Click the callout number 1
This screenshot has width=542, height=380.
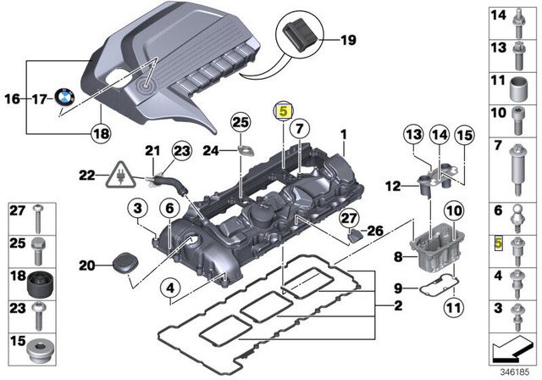(x=344, y=135)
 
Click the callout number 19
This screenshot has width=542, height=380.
(x=349, y=40)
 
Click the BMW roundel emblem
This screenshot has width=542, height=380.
(x=65, y=98)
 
